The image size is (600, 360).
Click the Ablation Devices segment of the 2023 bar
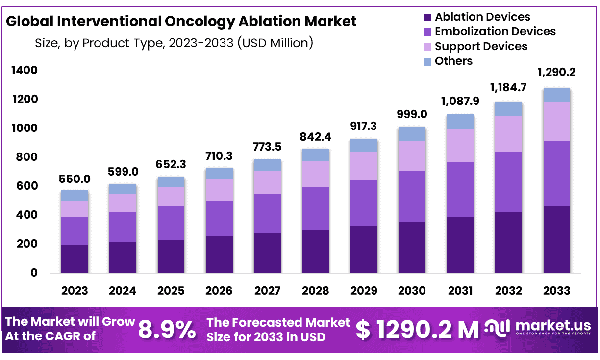(x=75, y=258)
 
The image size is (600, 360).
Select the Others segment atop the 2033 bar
(x=556, y=95)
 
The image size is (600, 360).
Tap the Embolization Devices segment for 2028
(x=316, y=208)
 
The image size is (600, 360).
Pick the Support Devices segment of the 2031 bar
(x=460, y=145)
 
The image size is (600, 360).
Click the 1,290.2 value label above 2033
(x=556, y=73)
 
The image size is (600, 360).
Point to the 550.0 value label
(x=75, y=180)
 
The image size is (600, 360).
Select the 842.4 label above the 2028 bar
(x=316, y=138)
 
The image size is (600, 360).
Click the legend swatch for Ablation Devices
(x=427, y=18)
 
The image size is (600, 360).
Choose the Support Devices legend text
(x=481, y=46)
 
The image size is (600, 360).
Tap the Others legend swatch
(x=427, y=61)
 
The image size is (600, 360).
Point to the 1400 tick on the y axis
(x=24, y=71)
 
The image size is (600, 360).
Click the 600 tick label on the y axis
(x=26, y=186)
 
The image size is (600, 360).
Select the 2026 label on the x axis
(x=219, y=291)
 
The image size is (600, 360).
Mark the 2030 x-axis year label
(x=412, y=291)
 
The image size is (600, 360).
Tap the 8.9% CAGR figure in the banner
(x=167, y=330)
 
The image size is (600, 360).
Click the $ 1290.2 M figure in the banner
(x=417, y=330)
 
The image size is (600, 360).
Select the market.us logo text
(x=553, y=326)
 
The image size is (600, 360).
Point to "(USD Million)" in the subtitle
(x=275, y=43)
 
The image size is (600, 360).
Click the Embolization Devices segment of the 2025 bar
(x=171, y=223)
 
